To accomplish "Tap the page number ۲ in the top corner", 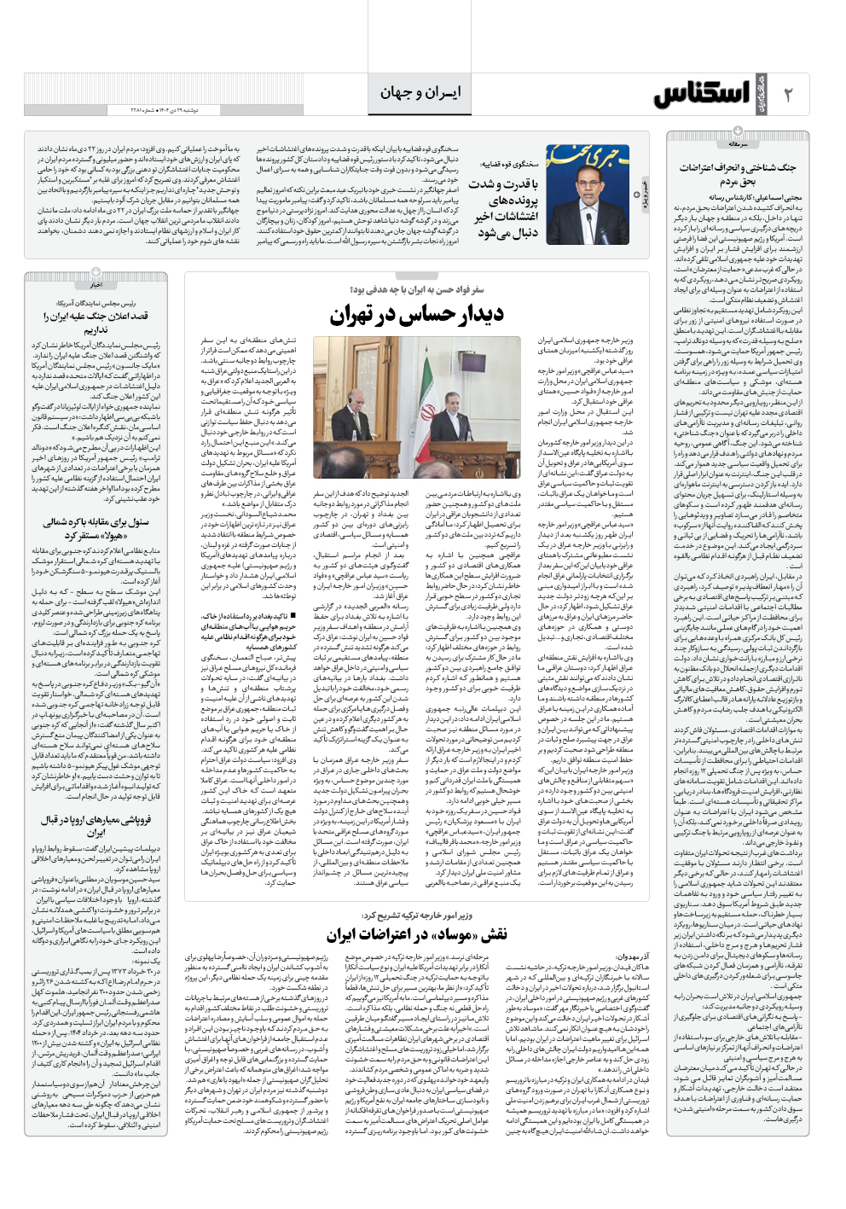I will (788, 95).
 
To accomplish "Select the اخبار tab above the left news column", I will (96, 285).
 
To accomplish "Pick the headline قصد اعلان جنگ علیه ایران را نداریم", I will (96, 322).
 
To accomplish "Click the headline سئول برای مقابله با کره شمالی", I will (96, 528).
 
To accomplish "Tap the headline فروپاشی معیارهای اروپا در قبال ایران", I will (96, 826).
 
